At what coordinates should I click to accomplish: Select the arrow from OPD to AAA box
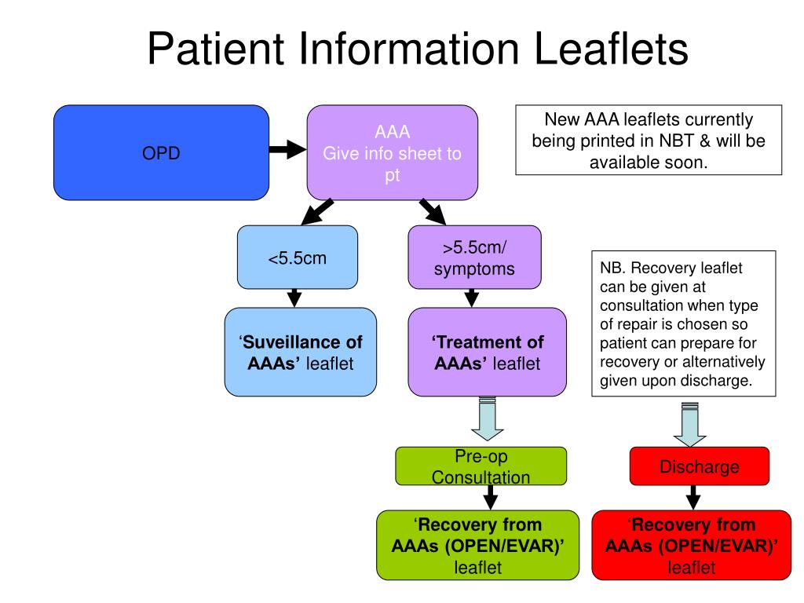click(287, 149)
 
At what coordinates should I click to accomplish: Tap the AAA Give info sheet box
click(392, 152)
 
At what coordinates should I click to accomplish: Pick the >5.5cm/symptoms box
click(474, 258)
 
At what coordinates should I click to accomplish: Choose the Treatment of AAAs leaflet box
click(487, 352)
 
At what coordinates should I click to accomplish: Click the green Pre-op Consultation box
click(481, 466)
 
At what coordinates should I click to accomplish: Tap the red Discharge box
click(699, 467)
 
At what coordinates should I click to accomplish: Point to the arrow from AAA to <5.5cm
click(318, 211)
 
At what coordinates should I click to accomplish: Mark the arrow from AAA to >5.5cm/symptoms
click(432, 211)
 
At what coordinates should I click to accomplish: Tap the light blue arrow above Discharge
click(689, 424)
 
